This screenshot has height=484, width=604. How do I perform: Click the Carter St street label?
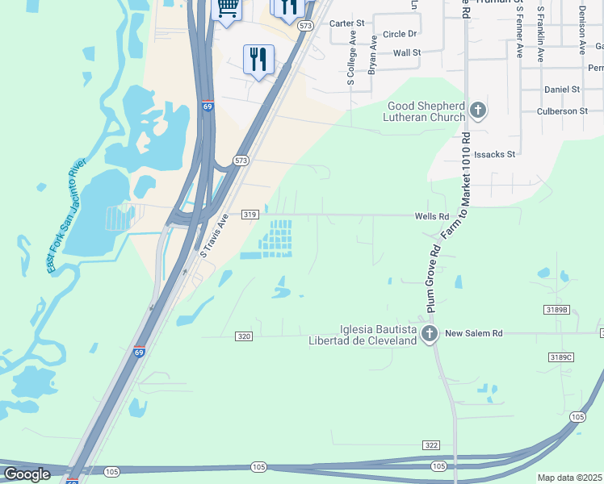coord(349,23)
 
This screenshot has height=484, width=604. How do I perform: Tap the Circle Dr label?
coord(400,34)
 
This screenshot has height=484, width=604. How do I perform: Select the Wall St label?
coord(407,52)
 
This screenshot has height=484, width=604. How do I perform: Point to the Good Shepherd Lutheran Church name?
coord(426,111)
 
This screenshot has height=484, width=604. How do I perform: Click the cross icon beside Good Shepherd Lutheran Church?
coord(478,110)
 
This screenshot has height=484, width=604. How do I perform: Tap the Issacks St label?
coord(494,153)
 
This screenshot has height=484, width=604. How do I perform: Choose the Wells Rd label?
coord(431,216)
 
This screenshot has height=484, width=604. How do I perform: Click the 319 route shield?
coord(250,215)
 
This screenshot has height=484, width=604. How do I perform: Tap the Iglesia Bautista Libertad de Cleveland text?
coord(378,335)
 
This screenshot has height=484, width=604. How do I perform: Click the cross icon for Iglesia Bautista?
coord(430,333)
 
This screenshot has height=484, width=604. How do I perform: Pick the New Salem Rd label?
coord(474,333)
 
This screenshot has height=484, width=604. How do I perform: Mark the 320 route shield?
coord(245,336)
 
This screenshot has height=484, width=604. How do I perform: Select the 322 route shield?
coord(431,445)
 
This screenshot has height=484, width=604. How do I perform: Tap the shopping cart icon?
coord(228,8)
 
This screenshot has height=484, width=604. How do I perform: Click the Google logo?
coord(27,474)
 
